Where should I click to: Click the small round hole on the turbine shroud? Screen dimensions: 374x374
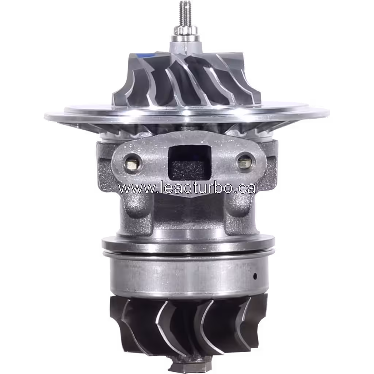tap(255, 275)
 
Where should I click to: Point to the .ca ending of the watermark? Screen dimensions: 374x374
tap(246, 188)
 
